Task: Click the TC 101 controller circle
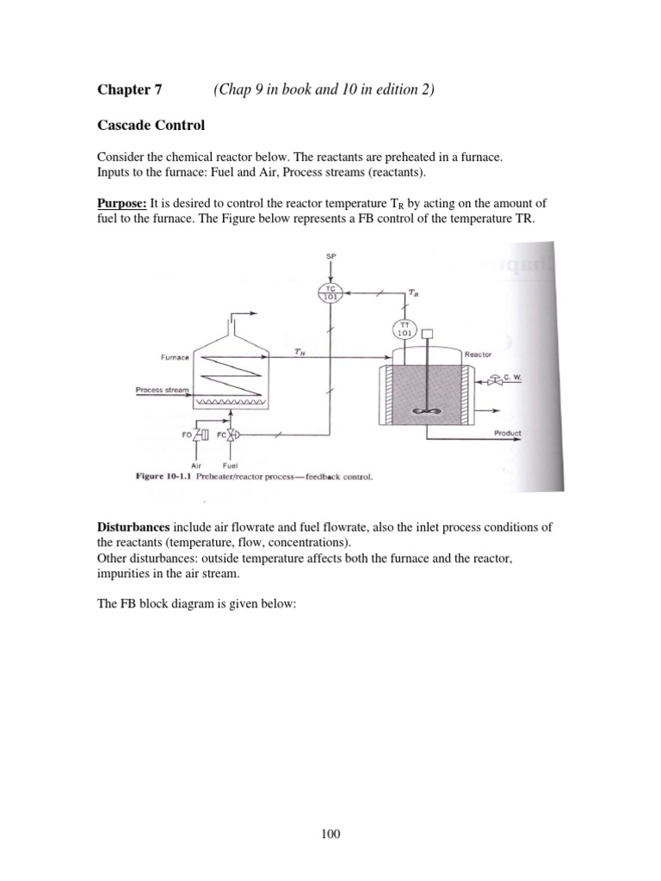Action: click(330, 293)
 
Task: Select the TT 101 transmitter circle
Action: click(402, 328)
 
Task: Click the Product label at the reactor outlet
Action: click(508, 433)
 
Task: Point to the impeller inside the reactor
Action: click(425, 413)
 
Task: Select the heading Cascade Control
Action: click(151, 126)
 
